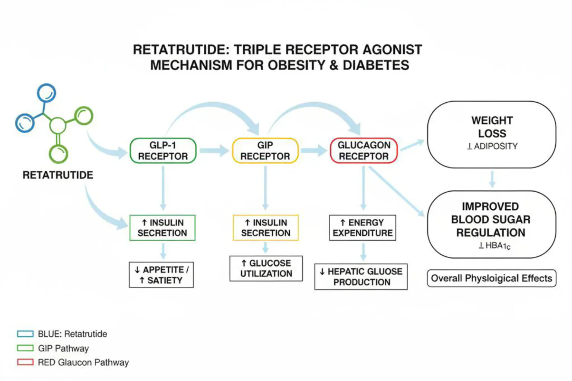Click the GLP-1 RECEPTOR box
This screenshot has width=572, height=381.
tap(163, 151)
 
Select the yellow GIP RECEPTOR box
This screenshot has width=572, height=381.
tap(265, 151)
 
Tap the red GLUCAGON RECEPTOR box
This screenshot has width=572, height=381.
tap(364, 151)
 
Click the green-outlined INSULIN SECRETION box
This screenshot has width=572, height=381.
tap(162, 228)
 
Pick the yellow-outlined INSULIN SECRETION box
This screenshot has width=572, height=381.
tap(266, 228)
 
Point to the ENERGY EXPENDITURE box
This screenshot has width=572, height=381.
tap(362, 228)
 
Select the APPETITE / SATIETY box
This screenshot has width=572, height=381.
tap(161, 275)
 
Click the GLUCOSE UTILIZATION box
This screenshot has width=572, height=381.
tap(266, 268)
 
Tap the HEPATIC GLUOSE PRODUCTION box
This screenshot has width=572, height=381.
tap(361, 277)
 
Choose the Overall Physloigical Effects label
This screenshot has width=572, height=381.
tap(491, 278)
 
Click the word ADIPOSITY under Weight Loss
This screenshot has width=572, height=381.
tap(496, 146)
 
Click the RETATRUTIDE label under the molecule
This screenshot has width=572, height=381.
tap(58, 175)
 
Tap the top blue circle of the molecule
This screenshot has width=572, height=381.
tap(47, 93)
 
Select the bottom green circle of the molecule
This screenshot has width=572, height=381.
tap(58, 154)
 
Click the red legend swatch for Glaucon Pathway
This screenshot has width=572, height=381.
tap(25, 362)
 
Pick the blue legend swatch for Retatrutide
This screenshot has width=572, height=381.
tap(25, 334)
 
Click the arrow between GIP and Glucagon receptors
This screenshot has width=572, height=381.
tap(314, 151)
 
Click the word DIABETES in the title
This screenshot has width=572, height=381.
tap(376, 65)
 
